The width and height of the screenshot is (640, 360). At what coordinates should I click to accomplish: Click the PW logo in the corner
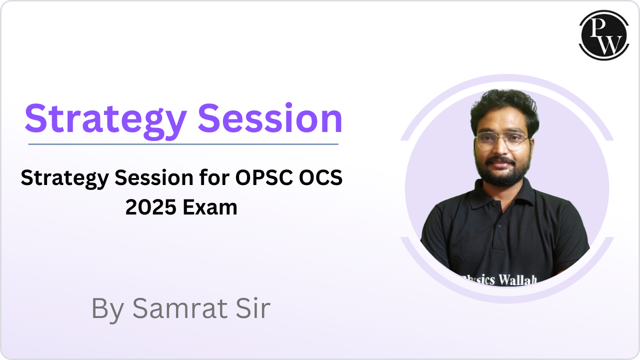coord(604,35)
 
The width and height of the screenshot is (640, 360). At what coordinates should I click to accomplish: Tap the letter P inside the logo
coord(598,27)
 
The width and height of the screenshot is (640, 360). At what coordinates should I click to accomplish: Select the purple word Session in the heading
coord(270,118)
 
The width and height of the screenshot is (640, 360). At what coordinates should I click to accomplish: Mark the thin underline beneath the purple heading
coord(183,144)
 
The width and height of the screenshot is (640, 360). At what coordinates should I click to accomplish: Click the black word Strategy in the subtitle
coord(65,179)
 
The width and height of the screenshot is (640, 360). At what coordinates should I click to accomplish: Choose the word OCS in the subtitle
coord(320,177)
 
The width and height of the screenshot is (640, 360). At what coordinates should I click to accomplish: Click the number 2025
coord(151,207)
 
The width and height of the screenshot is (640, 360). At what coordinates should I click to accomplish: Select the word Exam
coord(210,207)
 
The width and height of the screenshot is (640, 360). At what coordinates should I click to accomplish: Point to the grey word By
coord(107,309)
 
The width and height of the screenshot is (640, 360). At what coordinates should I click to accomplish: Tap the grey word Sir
coord(253,308)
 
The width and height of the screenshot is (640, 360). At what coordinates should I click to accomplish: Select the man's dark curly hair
coord(504,108)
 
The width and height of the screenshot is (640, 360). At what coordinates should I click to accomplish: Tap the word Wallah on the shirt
coord(517,280)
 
